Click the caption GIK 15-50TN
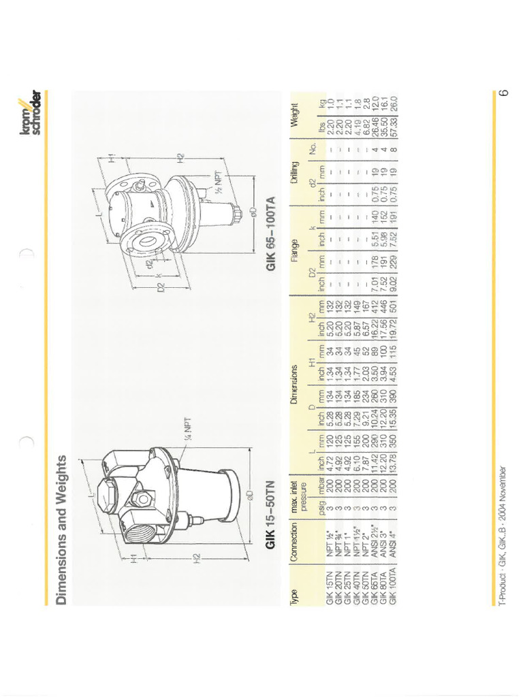coord(271,516)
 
